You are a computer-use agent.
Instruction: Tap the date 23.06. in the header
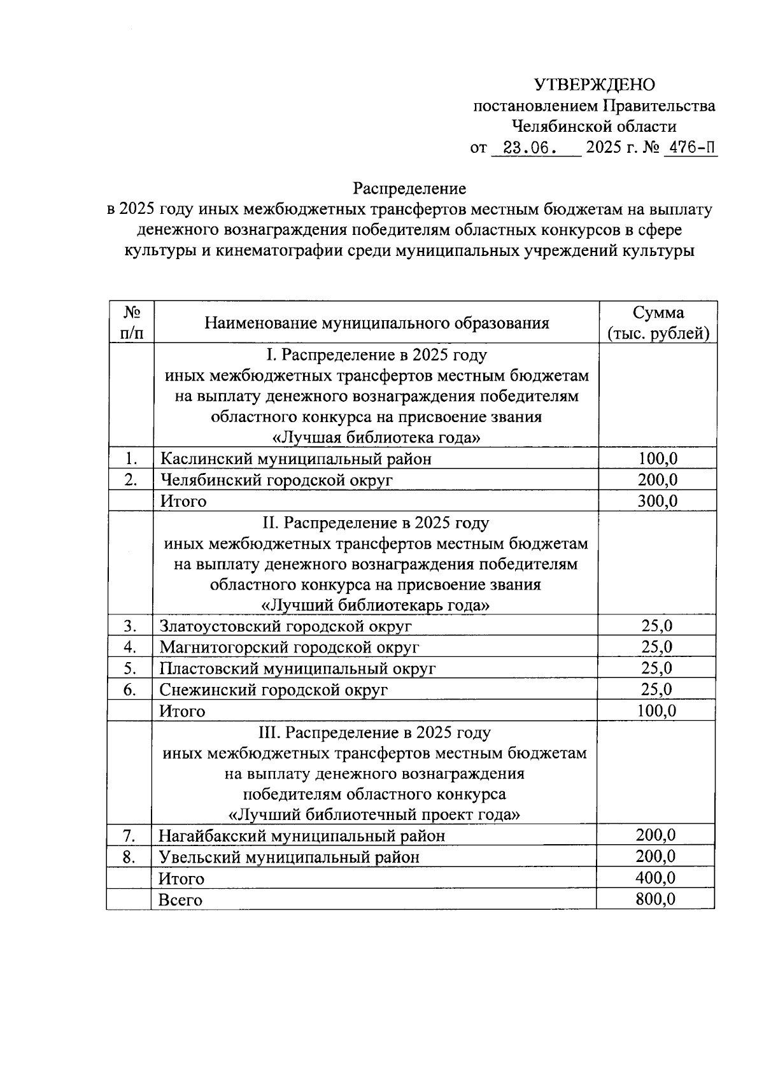530,148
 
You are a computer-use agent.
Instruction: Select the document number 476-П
690,148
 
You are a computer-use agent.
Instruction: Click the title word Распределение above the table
410,188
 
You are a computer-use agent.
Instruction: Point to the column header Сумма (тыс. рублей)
658,323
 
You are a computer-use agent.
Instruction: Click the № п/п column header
131,323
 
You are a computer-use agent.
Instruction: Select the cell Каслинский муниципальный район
295,458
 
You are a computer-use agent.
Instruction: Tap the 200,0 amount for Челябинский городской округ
657,479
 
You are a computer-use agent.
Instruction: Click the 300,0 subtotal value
657,501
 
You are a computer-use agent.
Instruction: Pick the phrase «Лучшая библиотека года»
376,438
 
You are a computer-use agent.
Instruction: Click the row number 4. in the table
131,647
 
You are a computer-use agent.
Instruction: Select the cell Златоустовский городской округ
285,626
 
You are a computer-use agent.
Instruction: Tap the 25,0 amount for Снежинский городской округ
656,689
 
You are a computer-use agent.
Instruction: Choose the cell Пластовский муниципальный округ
297,668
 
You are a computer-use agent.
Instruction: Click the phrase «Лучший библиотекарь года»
376,605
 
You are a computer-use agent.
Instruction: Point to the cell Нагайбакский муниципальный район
302,835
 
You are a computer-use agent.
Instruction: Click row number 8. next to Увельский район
129,856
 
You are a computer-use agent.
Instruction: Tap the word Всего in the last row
180,900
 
